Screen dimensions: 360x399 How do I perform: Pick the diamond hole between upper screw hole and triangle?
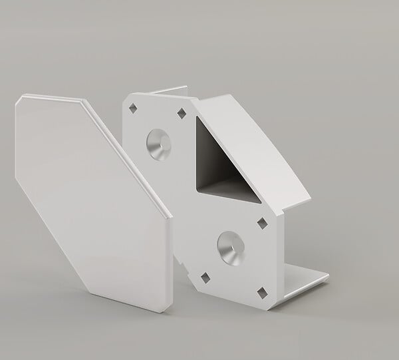[x=182, y=114]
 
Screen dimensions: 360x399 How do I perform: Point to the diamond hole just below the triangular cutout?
[x=261, y=222]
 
